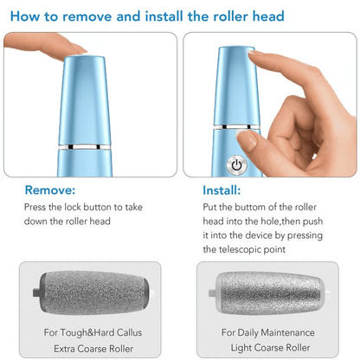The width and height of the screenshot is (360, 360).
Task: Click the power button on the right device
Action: click(x=235, y=164)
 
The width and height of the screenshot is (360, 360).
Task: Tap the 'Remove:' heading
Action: click(x=50, y=190)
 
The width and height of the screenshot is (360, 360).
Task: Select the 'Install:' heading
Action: click(x=222, y=190)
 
